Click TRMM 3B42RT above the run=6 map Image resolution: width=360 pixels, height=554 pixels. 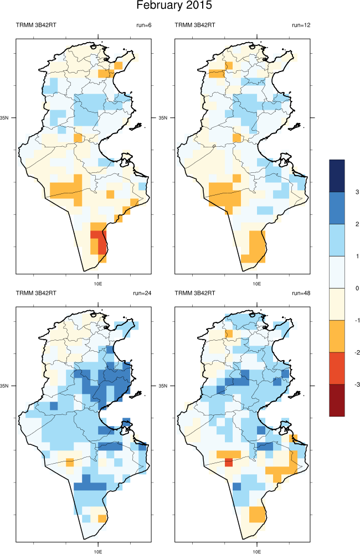[35, 25]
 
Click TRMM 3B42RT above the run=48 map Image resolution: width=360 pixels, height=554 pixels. [194, 293]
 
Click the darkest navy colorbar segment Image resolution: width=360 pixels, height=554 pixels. [337, 176]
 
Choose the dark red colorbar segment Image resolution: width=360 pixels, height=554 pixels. [337, 399]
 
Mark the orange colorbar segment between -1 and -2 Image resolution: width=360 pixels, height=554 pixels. [337, 336]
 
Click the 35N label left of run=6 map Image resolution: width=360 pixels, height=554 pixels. [8, 118]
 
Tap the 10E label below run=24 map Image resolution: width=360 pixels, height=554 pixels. [98, 551]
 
